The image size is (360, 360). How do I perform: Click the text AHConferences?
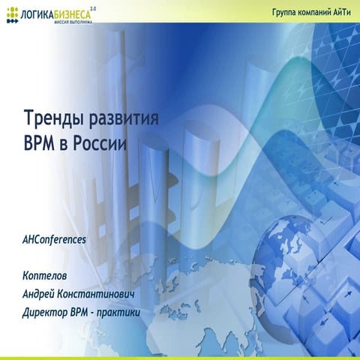pos(55,239)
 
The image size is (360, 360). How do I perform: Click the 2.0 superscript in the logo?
pos(93,7)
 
